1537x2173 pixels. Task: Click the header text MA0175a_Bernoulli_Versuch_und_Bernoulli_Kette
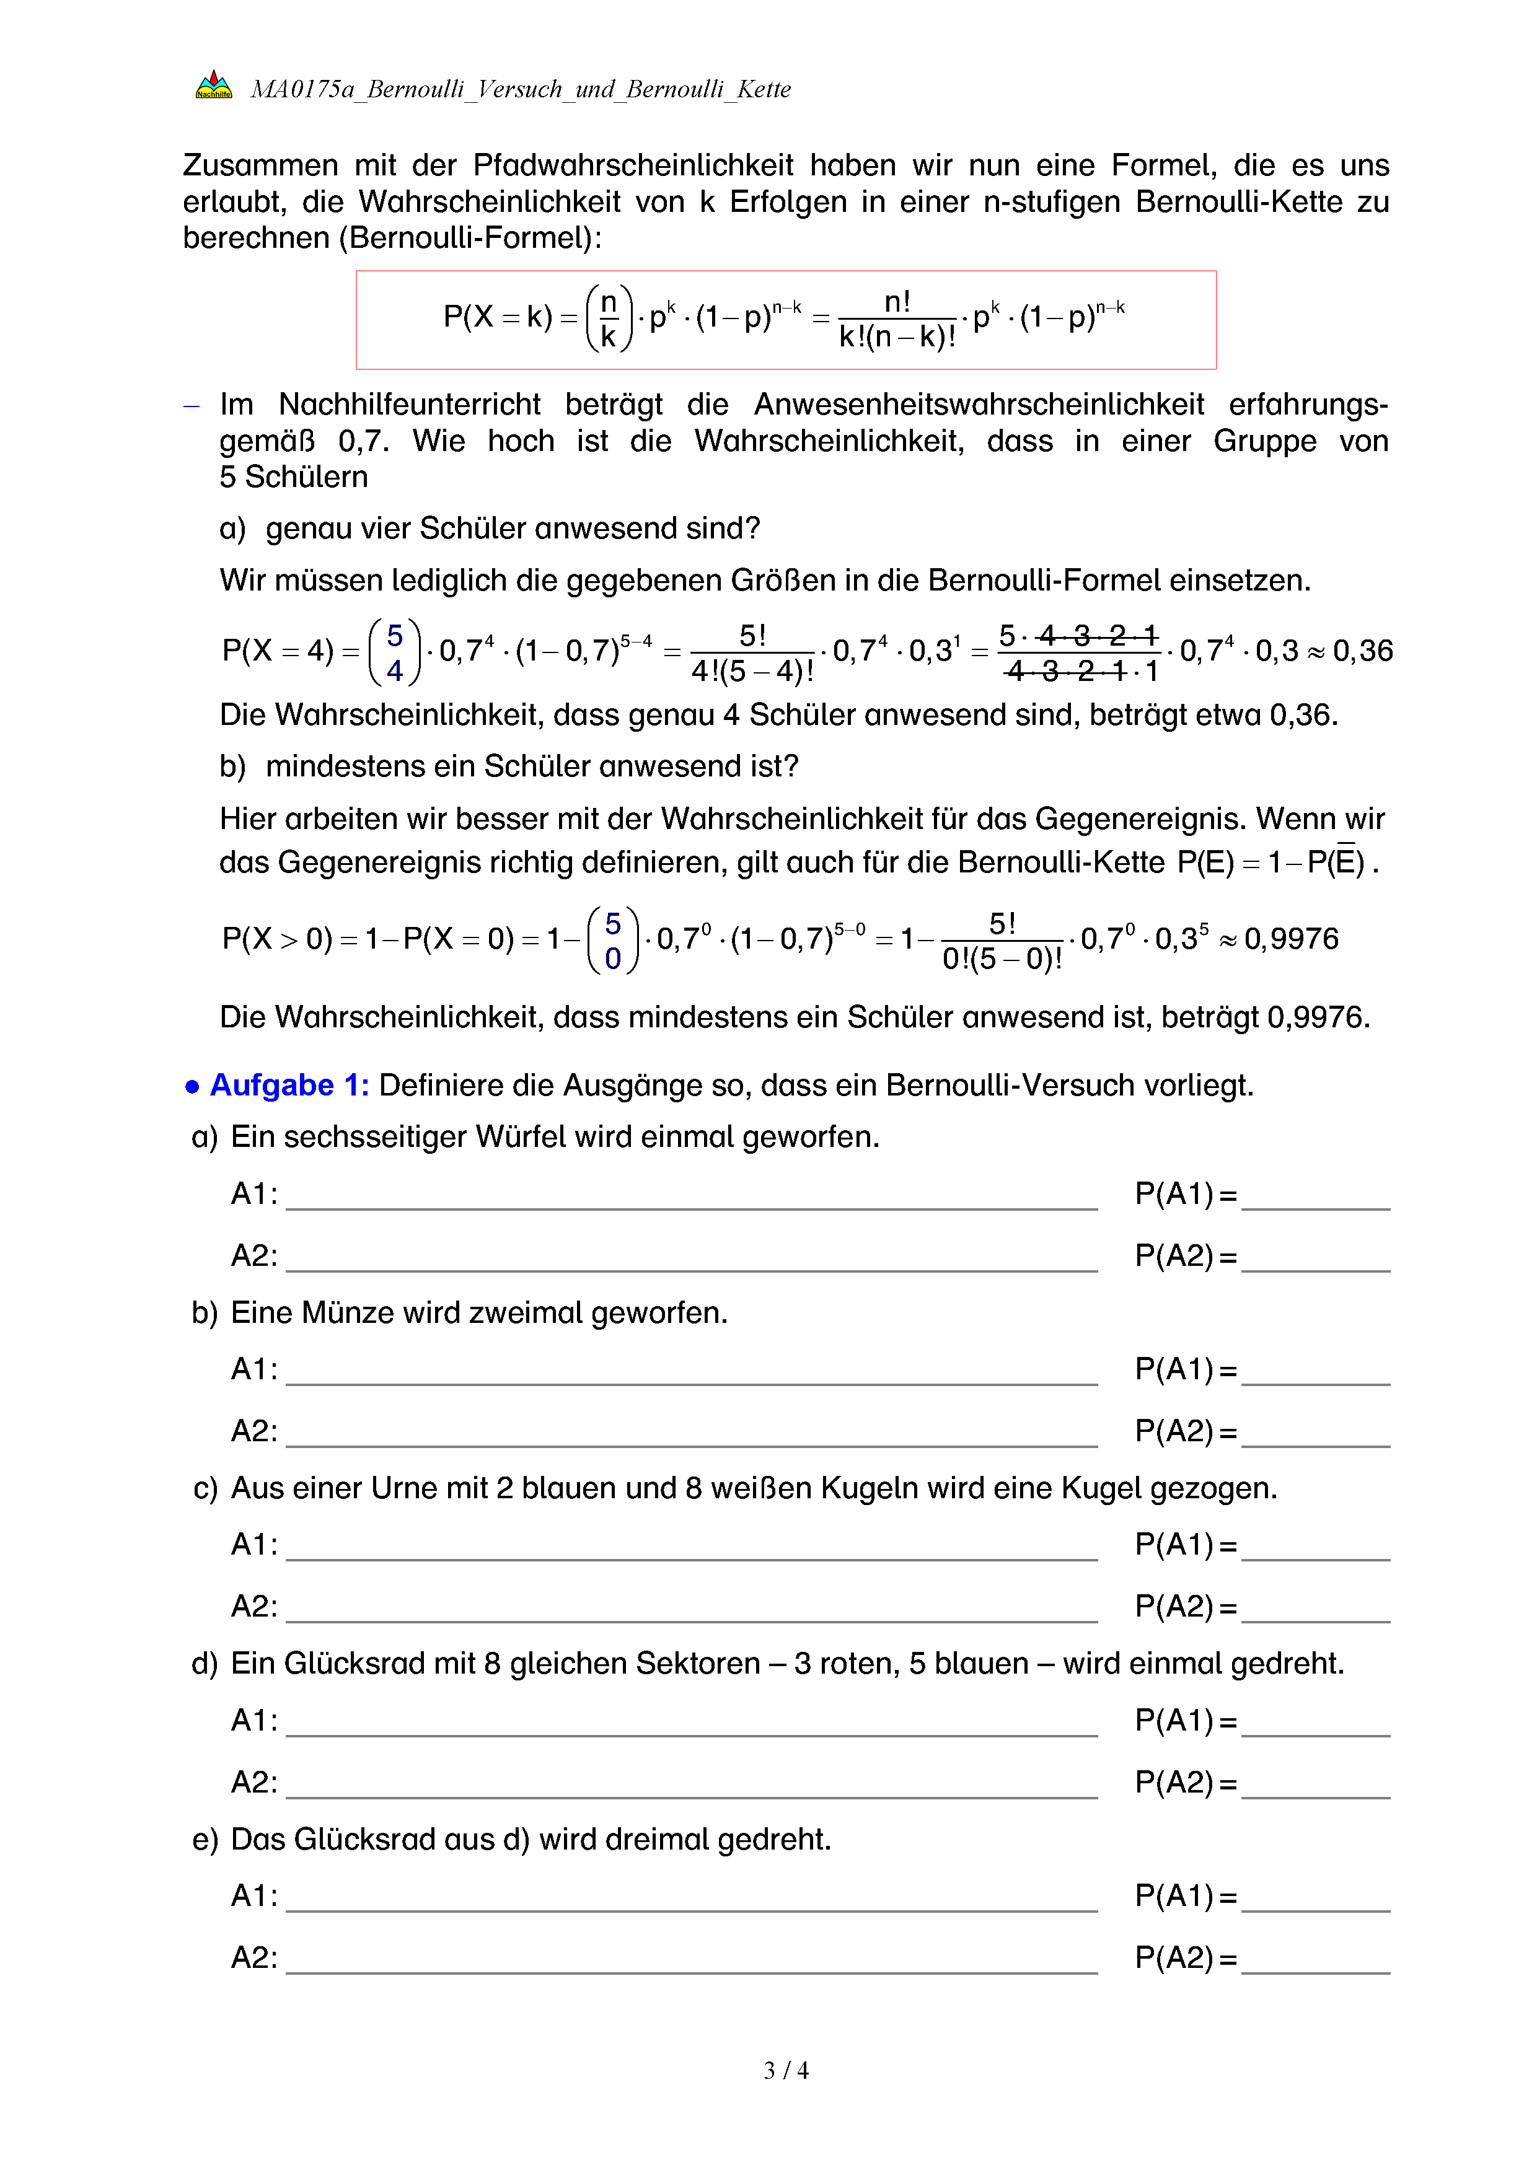point(521,89)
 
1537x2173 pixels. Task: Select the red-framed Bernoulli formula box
point(785,320)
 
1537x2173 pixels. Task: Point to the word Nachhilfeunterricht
point(409,405)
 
